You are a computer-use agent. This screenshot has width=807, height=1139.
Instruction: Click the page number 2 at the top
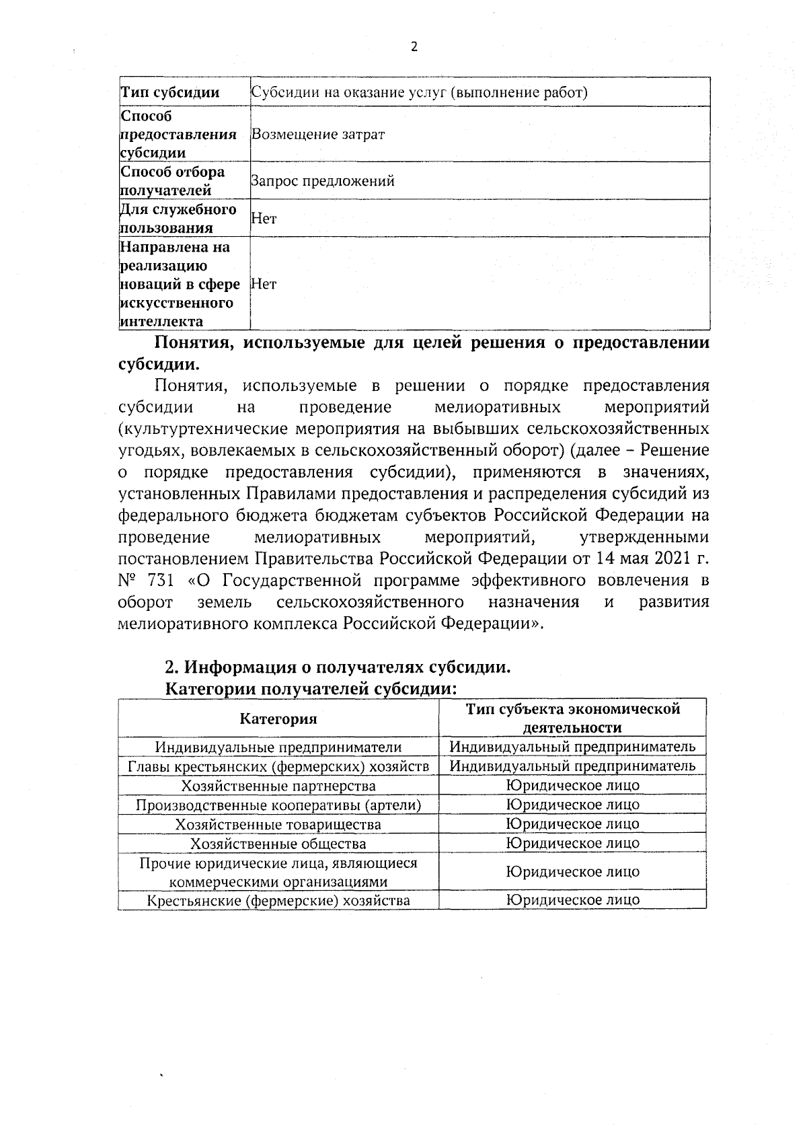[x=414, y=47]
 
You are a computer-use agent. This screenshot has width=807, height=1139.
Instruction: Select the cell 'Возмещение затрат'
[x=317, y=134]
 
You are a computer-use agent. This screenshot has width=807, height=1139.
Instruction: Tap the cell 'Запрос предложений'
[x=322, y=181]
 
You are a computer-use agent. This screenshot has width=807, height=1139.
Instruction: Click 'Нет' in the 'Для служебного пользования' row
[x=264, y=219]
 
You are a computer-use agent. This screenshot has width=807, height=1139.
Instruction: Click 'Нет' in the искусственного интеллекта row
[x=264, y=284]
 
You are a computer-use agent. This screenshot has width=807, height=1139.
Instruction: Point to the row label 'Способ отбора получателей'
[x=172, y=181]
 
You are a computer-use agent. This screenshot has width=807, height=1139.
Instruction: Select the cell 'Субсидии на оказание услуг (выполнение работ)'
[x=419, y=93]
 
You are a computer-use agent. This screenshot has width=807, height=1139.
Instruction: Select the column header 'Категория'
[x=278, y=719]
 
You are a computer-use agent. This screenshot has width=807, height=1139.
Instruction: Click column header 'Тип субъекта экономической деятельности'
[x=572, y=718]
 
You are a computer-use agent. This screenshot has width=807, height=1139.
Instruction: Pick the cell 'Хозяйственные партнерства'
[x=278, y=786]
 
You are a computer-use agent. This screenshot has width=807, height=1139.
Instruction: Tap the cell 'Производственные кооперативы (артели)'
[x=278, y=805]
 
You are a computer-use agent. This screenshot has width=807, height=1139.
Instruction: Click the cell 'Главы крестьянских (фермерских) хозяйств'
[x=278, y=766]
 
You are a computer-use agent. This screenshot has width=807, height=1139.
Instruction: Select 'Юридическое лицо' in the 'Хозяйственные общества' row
[x=572, y=843]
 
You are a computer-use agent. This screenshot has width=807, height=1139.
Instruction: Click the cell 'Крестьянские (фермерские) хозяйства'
[x=278, y=900]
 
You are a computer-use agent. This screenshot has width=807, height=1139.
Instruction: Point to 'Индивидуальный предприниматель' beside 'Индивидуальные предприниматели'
[x=572, y=746]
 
